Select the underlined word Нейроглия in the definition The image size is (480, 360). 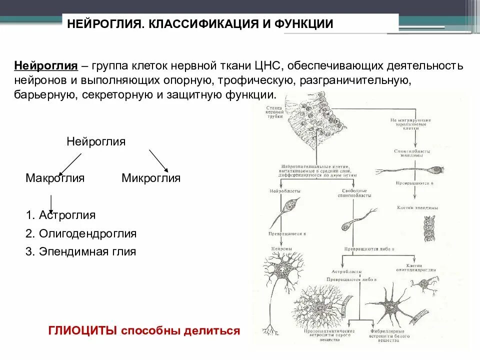point(45,66)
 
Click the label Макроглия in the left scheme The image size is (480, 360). point(55,178)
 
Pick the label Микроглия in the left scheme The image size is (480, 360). point(151,178)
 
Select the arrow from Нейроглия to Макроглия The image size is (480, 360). point(70,163)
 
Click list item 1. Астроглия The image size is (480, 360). point(60,215)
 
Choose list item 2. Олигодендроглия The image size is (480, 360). point(81,233)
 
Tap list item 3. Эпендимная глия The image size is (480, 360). point(80,251)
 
